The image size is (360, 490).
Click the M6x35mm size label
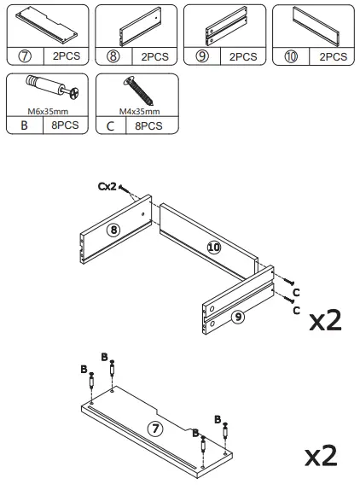pos(46,110)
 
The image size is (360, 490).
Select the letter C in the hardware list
pos(110,125)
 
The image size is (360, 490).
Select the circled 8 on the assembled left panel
pos(113,229)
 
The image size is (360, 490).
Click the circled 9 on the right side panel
pos(238,316)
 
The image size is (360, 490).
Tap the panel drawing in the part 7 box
pos(46,25)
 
